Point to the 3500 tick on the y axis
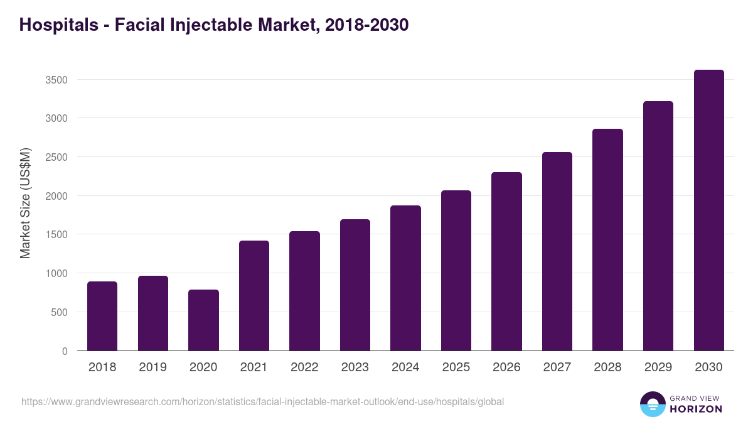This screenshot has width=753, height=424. click(56, 80)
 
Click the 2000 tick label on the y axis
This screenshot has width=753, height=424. click(56, 196)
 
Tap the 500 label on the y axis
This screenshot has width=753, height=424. click(60, 312)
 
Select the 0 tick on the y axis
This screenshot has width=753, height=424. click(65, 351)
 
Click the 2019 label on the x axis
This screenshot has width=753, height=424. click(152, 367)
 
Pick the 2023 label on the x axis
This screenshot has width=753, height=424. click(355, 367)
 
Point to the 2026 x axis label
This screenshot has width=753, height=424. click(506, 367)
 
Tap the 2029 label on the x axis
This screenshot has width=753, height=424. click(658, 367)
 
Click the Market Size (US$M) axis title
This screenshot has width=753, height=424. click(25, 203)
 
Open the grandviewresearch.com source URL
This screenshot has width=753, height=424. click(262, 401)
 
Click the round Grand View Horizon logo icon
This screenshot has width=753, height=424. click(652, 404)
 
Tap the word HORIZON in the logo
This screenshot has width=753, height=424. click(695, 409)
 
